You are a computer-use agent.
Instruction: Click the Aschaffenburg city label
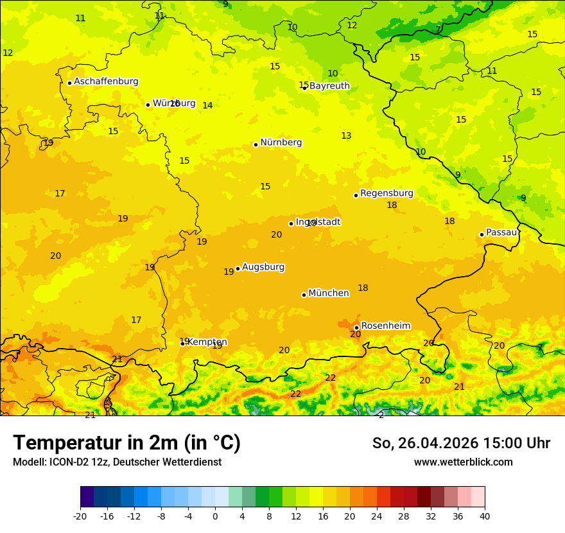(x=106, y=82)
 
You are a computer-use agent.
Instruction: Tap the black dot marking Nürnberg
(x=256, y=144)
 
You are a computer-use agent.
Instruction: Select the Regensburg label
(x=387, y=193)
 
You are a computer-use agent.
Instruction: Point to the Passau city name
(x=501, y=232)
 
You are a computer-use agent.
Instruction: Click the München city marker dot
(x=304, y=295)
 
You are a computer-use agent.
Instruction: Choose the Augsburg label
(x=263, y=267)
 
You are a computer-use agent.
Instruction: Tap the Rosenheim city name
(x=385, y=326)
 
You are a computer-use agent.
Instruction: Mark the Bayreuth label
(x=329, y=86)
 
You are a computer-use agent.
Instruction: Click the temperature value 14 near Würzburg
(x=207, y=106)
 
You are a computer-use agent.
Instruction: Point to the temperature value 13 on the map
(x=346, y=136)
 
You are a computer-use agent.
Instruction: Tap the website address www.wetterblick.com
(x=463, y=462)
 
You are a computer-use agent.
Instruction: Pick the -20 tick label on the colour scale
(x=80, y=516)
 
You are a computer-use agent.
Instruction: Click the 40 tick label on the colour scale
(x=485, y=516)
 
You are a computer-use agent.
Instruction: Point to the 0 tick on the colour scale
(x=215, y=516)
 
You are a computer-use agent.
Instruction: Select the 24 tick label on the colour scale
(x=377, y=516)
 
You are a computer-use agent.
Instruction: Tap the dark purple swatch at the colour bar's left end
(x=87, y=497)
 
